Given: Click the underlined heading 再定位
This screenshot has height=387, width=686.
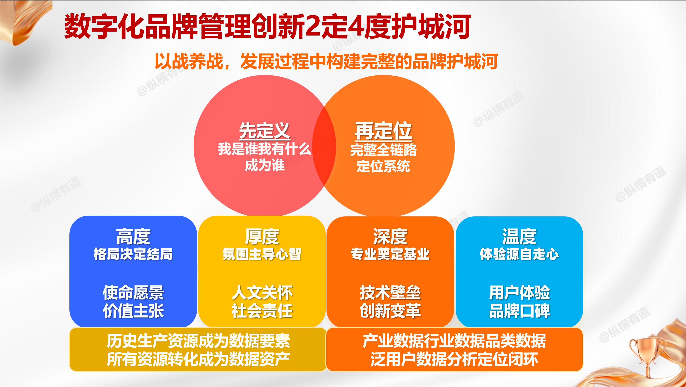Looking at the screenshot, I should tap(383, 131).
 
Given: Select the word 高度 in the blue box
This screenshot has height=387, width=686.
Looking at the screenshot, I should tap(133, 236).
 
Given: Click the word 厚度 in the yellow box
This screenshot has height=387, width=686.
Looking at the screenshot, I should tap(262, 236).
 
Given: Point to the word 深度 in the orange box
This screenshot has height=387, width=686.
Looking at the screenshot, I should tap(390, 236).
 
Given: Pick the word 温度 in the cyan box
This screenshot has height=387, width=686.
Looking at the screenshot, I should tap(519, 236).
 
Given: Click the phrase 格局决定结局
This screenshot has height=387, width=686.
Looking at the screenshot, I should tap(133, 254).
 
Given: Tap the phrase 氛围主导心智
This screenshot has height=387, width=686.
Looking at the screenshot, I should tap(262, 254).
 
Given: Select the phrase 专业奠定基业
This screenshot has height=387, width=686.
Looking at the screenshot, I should tap(390, 254).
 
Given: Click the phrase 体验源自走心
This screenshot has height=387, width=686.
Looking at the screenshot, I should tap(519, 254).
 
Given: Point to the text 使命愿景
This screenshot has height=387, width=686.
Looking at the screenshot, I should tap(133, 292).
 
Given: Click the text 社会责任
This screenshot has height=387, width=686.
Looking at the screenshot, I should tap(262, 310).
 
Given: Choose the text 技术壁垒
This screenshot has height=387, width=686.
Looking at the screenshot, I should tap(390, 292).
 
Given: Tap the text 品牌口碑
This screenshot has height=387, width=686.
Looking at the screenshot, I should tap(519, 310).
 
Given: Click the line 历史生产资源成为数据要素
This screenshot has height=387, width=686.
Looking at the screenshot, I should tap(198, 341).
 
